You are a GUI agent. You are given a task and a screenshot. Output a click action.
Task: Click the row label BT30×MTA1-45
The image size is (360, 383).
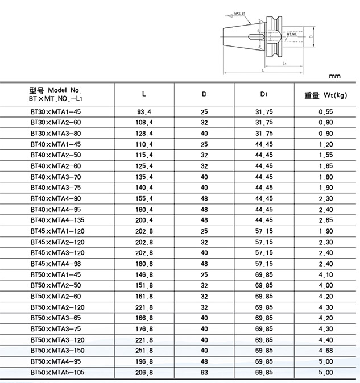pos(51,111)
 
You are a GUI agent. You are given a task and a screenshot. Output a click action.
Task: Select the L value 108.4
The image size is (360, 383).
pos(143,123)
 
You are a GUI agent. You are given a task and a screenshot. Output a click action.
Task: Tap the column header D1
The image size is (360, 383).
pos(264,94)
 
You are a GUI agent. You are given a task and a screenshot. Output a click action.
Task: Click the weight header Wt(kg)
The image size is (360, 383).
pos(325,94)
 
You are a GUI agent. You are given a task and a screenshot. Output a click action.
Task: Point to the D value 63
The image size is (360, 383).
pos(204,372)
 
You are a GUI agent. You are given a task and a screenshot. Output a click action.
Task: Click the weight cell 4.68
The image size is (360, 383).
pos(325,351)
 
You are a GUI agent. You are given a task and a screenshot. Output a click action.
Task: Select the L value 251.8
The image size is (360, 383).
pos(143,351)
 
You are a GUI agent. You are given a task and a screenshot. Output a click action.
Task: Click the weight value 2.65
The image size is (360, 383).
pos(325,220)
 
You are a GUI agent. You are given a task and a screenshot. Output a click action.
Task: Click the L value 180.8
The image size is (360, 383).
pos(143,264)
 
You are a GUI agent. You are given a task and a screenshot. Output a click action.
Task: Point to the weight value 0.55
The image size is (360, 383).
pos(325,111)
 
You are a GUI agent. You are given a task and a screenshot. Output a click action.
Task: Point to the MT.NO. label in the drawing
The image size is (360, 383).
pos(292,35)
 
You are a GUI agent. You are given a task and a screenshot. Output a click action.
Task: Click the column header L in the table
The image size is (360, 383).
pos(143,94)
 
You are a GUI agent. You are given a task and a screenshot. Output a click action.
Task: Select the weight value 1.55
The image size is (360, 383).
pos(325,155)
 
